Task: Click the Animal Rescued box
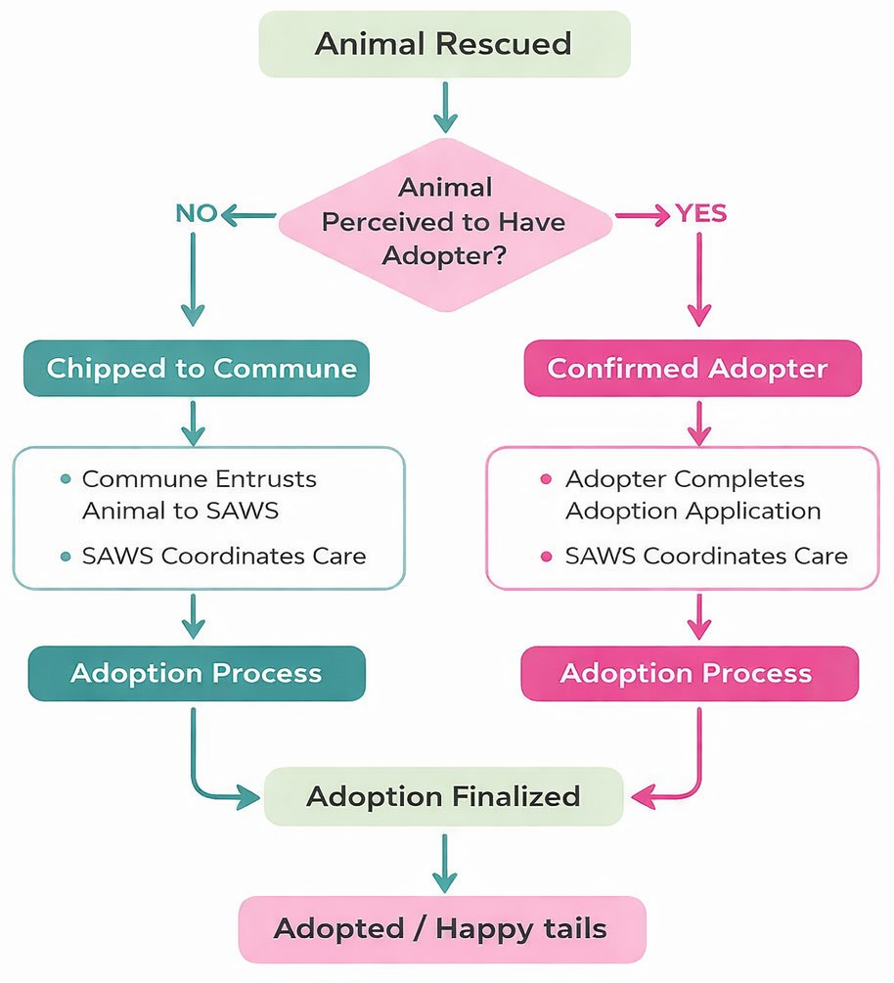[x=444, y=44]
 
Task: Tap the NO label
[x=196, y=213]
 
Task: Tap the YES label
[x=701, y=213]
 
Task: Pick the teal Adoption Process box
[x=196, y=673]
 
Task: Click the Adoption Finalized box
[x=443, y=796]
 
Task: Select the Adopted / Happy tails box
[x=440, y=928]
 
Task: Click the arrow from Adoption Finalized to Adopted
[x=444, y=862]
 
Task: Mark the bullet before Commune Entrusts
[x=66, y=479]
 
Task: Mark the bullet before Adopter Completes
[x=546, y=479]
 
